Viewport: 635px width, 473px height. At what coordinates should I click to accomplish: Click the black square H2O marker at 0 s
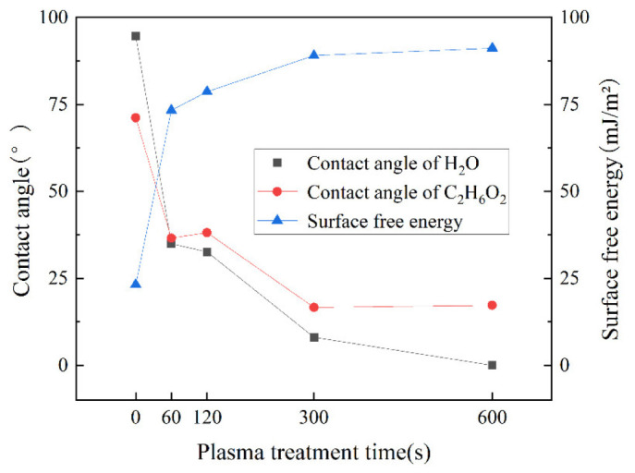[x=136, y=36]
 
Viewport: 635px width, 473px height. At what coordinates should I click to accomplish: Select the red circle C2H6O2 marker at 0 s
[x=136, y=117]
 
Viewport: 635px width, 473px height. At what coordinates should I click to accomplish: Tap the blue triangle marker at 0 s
[x=136, y=284]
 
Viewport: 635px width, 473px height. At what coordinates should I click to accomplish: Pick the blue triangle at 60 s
[x=171, y=110]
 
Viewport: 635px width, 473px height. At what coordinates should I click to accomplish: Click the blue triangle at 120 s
[x=207, y=91]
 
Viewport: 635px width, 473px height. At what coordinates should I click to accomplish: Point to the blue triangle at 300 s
[x=314, y=55]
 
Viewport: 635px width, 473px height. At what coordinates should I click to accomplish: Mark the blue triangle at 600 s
[x=492, y=47]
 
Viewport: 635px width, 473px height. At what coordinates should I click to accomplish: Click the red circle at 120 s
[x=207, y=233]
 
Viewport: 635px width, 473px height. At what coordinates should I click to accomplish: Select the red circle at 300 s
[x=314, y=307]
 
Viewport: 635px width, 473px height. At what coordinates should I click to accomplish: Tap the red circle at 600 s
[x=492, y=305]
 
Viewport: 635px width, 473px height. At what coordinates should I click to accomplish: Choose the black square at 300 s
[x=314, y=337]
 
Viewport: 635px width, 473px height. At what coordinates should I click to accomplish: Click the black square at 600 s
[x=492, y=365]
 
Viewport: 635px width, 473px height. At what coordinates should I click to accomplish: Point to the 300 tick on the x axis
[x=314, y=417]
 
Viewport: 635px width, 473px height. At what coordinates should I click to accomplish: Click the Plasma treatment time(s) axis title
[x=314, y=453]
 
